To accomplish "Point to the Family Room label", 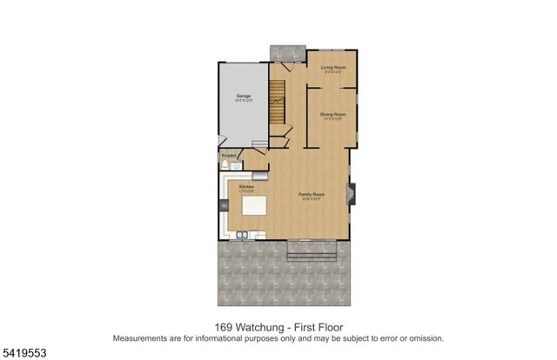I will [x=312, y=193].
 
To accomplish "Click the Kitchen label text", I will [x=246, y=186].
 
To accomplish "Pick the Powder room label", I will [x=227, y=156].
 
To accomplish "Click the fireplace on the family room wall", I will [x=351, y=194].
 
